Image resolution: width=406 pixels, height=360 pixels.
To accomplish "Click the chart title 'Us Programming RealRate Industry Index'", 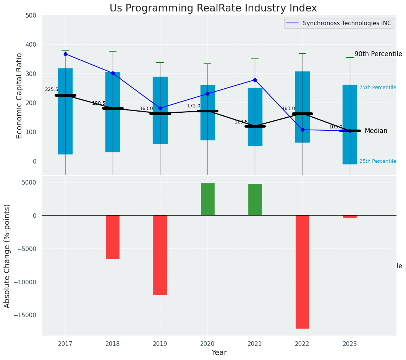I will click(x=213, y=8).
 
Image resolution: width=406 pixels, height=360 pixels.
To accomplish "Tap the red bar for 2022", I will click(x=302, y=272).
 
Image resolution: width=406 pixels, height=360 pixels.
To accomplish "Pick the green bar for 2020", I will click(x=207, y=199).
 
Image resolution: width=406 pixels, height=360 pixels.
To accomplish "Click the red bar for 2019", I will click(x=160, y=255).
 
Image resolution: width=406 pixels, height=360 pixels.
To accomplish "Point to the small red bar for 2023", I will click(x=350, y=216).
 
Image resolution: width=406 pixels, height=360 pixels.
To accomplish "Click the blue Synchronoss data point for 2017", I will click(x=65, y=54).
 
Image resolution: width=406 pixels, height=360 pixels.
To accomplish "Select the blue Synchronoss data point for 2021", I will click(x=255, y=80).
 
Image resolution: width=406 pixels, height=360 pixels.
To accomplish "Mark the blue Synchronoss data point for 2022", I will click(x=302, y=130).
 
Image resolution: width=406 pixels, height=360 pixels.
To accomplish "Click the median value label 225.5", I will click(x=52, y=89).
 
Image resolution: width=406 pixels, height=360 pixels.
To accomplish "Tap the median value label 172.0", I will click(x=194, y=106).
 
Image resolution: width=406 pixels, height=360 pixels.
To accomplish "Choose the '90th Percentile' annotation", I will click(x=378, y=54).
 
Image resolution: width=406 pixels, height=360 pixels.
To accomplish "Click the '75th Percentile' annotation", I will click(x=378, y=88).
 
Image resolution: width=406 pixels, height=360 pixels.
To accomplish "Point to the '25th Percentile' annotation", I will click(x=378, y=161).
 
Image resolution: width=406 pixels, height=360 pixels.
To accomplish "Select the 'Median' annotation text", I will click(x=376, y=131).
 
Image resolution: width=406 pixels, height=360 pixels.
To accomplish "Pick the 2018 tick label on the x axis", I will click(x=113, y=344).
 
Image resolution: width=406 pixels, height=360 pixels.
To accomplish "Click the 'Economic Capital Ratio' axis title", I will click(x=19, y=96).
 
